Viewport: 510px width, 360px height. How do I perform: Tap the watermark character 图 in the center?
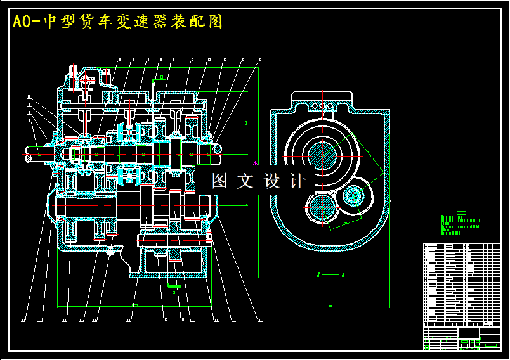219,181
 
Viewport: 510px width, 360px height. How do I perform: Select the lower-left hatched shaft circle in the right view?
322,207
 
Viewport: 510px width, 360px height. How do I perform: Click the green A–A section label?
330,274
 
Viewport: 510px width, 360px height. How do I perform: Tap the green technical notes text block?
459,222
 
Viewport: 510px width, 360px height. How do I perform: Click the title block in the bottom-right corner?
461,337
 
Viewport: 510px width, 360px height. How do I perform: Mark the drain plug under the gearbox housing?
111,250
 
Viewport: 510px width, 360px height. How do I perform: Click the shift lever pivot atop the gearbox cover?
84,81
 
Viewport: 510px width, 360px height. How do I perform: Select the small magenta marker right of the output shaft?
256,162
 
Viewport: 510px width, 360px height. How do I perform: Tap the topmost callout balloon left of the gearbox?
29,97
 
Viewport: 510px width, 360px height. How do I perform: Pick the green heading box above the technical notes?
461,213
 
